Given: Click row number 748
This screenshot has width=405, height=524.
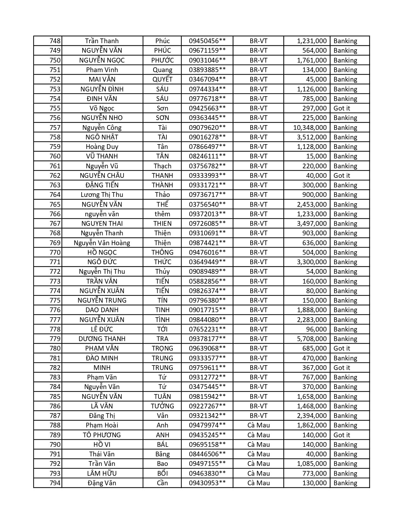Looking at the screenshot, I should pos(55,41).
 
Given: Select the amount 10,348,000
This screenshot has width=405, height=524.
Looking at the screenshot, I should pos(310,128).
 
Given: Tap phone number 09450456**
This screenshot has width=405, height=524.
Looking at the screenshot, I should pos(207,41).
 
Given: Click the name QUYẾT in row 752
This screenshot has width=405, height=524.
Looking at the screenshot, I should pos(162,79).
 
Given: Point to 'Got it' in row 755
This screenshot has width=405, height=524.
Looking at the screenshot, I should pos(341,108).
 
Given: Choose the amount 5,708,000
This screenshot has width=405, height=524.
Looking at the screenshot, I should pos(312,339).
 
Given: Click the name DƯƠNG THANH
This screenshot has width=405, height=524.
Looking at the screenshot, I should pos(102,339).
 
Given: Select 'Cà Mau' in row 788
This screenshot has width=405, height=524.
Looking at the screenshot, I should pos(259,425).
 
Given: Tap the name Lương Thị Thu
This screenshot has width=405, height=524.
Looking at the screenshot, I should pos(102,195).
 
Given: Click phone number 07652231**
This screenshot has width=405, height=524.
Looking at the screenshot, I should pos(207,329).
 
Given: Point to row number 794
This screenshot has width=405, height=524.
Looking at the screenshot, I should pos(55,483).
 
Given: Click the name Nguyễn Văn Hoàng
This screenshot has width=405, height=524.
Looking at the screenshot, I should pos(102,243).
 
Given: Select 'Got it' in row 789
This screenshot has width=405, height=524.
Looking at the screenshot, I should pos(341,435).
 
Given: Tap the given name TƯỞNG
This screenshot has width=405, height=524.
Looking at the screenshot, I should pos(162,406).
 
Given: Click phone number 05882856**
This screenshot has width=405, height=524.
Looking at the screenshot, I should pos(207,281).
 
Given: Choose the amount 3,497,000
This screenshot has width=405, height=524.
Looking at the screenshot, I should pos(312,224).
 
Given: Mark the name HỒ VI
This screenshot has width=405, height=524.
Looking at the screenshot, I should pos(102,445).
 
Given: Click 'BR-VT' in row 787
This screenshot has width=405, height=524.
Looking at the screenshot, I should pos(259,416).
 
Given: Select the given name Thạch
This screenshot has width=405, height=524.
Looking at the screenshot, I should pos(162,166).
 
